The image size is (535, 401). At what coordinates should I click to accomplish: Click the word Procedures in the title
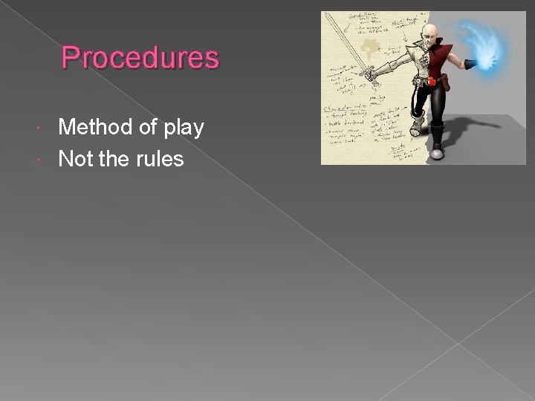(x=140, y=57)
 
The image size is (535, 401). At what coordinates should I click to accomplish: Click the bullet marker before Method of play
(x=49, y=130)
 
